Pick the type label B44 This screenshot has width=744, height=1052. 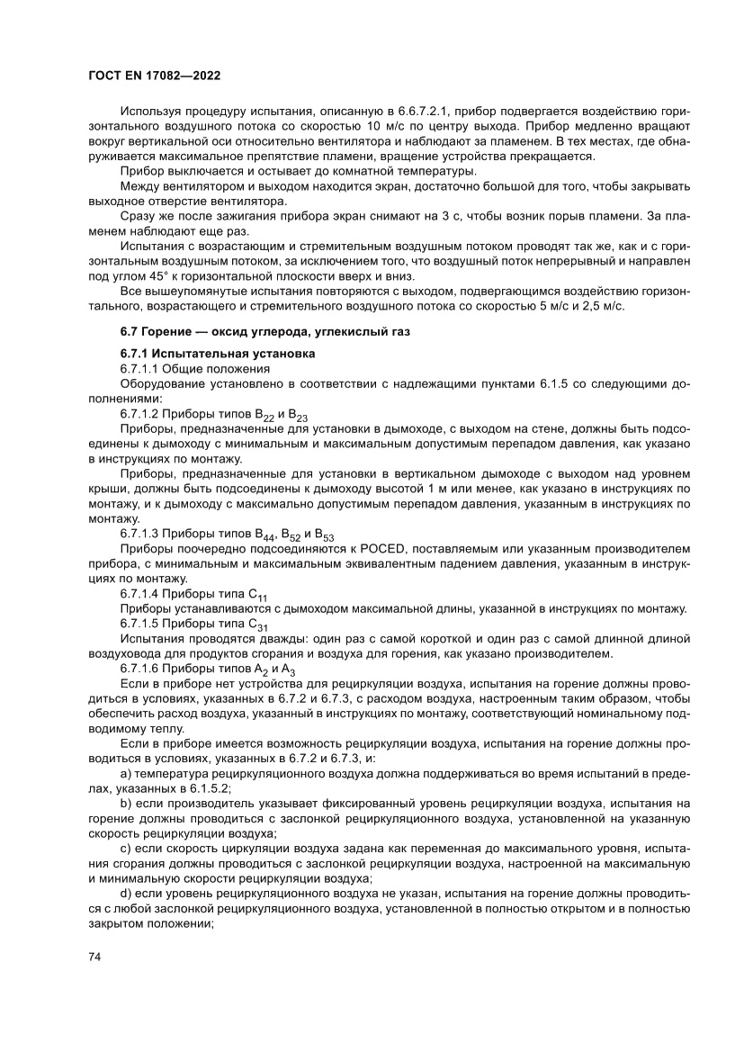[264, 534]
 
